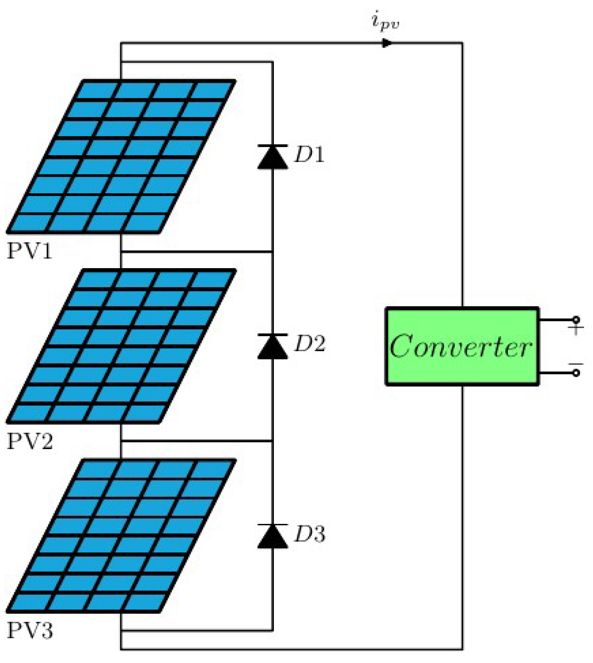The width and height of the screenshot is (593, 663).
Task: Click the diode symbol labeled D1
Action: pos(272,157)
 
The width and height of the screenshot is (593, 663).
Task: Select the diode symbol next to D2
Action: pos(272,346)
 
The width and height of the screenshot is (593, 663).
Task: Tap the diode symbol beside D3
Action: pos(272,536)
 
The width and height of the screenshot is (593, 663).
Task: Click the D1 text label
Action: pos(309,155)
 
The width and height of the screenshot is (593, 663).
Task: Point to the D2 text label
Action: pos(310,343)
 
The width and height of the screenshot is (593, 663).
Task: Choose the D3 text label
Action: pos(310,534)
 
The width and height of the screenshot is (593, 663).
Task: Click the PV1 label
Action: pos(30,251)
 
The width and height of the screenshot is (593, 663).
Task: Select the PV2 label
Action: pos(30,441)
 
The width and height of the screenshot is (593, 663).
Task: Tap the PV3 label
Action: pos(30,630)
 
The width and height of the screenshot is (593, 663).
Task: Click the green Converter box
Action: pos(462,346)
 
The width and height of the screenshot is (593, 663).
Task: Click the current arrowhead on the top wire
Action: pos(387,43)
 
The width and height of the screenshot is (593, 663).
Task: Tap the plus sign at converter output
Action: pos(575,330)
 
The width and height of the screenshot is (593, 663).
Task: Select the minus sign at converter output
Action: pos(575,364)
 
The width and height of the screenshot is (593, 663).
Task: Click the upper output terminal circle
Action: pos(576,320)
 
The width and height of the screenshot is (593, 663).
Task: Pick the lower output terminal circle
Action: pos(576,373)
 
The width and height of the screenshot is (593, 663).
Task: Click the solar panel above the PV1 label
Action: pos(121,156)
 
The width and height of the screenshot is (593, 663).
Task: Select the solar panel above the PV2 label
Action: pos(121,346)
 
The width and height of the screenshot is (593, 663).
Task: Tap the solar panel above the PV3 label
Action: pos(121,535)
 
